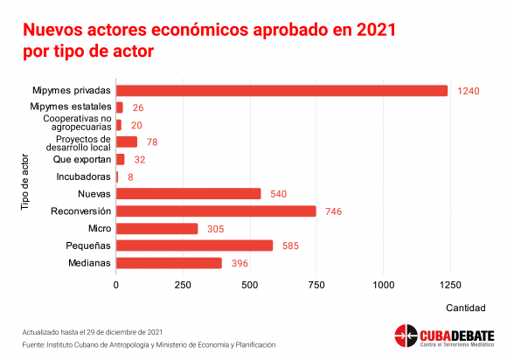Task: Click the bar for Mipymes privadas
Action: click(x=281, y=90)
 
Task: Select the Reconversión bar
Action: click(x=216, y=211)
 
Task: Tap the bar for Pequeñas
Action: click(x=194, y=246)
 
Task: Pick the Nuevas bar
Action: click(x=188, y=193)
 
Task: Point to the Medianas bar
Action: click(x=169, y=263)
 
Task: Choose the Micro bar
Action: click(x=156, y=228)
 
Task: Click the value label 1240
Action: click(x=469, y=91)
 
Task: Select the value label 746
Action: click(x=332, y=211)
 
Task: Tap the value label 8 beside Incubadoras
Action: click(x=130, y=177)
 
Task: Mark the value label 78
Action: click(x=150, y=142)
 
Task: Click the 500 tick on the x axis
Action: click(x=250, y=285)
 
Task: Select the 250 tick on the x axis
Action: click(x=183, y=285)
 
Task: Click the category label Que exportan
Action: click(x=82, y=159)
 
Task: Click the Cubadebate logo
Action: click(x=443, y=336)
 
